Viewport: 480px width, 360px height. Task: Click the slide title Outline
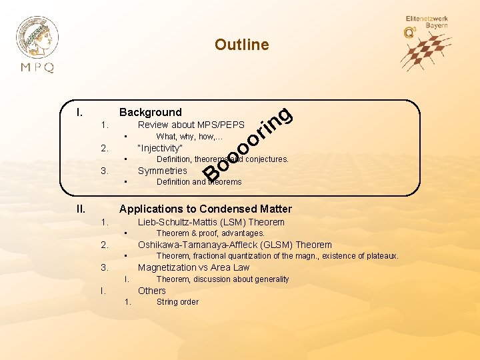tap(241, 45)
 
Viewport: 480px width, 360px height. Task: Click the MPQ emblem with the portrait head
tap(37, 37)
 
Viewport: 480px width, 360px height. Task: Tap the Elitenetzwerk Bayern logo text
tap(427, 22)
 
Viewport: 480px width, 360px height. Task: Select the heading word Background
tap(150, 112)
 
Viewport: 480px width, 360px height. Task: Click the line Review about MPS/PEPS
tap(191, 125)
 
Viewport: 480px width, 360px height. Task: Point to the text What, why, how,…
tap(194, 137)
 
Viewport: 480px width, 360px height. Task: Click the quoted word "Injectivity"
tap(159, 148)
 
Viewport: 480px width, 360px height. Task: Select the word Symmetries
tap(162, 171)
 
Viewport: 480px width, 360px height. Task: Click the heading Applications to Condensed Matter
tap(205, 209)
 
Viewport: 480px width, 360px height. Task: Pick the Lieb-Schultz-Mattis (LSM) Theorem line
tap(211, 222)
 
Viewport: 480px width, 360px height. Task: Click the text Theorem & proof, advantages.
tap(210, 233)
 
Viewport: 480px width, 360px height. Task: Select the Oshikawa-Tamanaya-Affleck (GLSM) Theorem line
tap(235, 245)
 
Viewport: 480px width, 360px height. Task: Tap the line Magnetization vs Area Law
tap(193, 267)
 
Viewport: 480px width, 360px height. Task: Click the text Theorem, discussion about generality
tap(223, 279)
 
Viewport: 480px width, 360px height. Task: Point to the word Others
tap(151, 291)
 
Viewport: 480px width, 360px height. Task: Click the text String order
tap(177, 302)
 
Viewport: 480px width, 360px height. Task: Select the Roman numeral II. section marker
tap(81, 209)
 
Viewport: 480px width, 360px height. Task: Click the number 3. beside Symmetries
tap(104, 171)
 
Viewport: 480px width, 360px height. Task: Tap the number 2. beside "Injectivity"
tap(104, 148)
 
